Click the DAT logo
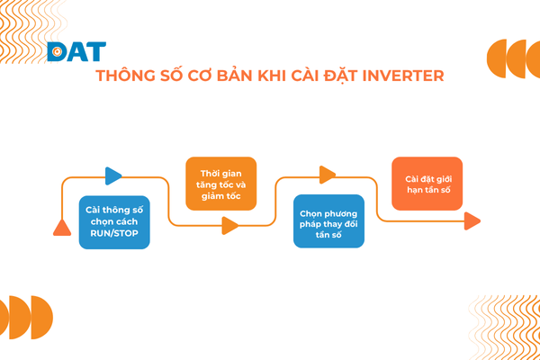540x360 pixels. coord(76,52)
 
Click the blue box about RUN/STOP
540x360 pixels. coord(115,221)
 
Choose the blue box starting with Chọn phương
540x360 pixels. coord(329,221)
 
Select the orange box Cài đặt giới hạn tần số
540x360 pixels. coord(427,184)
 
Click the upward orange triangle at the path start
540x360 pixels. coord(62,227)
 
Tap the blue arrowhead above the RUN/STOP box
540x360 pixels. coord(113,176)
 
